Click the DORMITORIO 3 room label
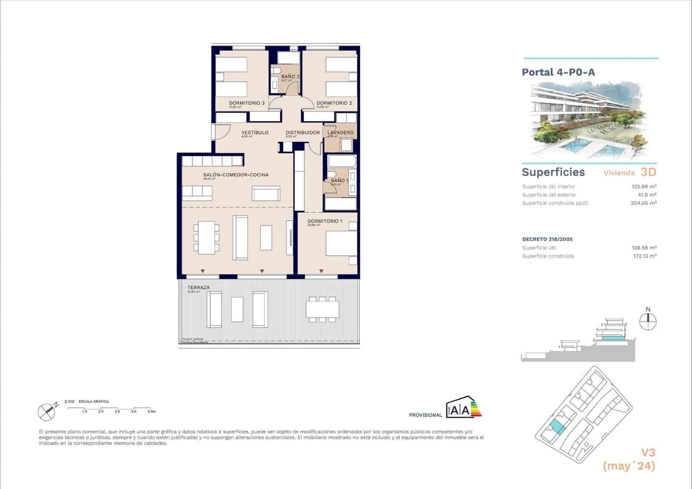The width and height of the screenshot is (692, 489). click(247, 103)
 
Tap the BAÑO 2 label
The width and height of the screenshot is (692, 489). click(290, 76)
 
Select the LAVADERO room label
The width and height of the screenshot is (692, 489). click(340, 132)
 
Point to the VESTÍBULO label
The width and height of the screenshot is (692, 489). click(255, 132)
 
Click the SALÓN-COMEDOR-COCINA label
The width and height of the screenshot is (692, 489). click(236, 175)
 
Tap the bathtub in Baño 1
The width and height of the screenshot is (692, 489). click(342, 162)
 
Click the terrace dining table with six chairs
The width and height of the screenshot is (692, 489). click(322, 309)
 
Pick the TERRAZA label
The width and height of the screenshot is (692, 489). click(199, 287)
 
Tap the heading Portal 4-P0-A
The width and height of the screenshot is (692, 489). click(558, 72)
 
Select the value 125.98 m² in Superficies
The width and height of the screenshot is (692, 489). click(644, 187)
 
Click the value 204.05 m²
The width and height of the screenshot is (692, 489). click(644, 203)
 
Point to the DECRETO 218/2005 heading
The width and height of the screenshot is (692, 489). click(547, 239)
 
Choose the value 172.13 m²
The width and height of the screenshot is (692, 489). click(644, 256)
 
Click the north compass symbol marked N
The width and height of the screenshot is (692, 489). click(648, 321)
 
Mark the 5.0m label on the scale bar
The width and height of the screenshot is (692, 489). click(151, 412)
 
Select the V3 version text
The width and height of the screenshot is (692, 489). click(647, 453)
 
